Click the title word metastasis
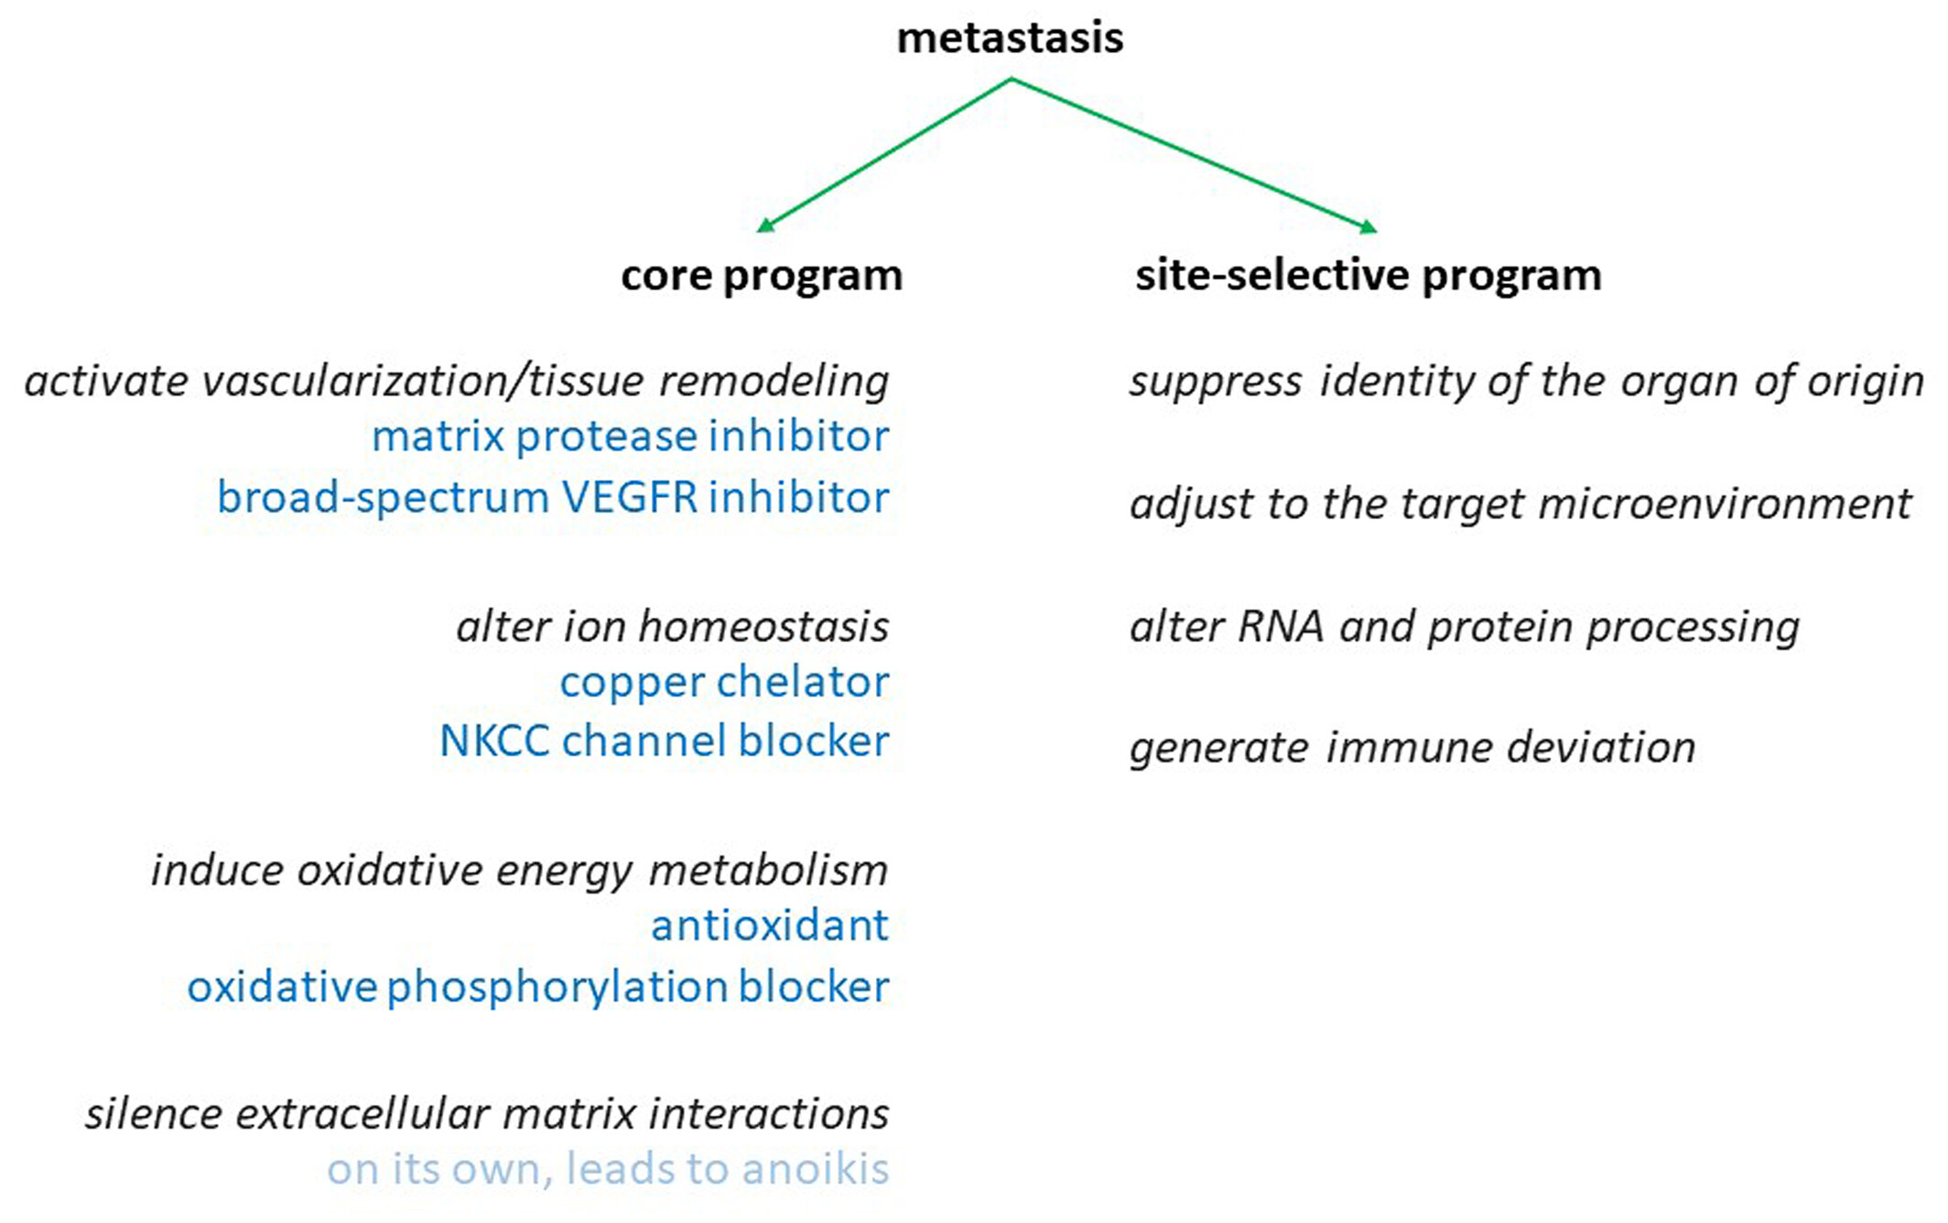tap(1010, 38)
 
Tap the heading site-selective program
tap(1369, 276)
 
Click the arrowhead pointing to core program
tap(766, 225)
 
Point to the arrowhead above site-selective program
tap(1368, 226)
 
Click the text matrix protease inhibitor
tap(630, 437)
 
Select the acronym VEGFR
tap(628, 498)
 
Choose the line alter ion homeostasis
tap(673, 627)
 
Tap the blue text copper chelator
tap(724, 683)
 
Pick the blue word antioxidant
tap(769, 925)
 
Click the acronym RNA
tap(1280, 627)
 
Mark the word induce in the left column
tap(217, 871)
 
